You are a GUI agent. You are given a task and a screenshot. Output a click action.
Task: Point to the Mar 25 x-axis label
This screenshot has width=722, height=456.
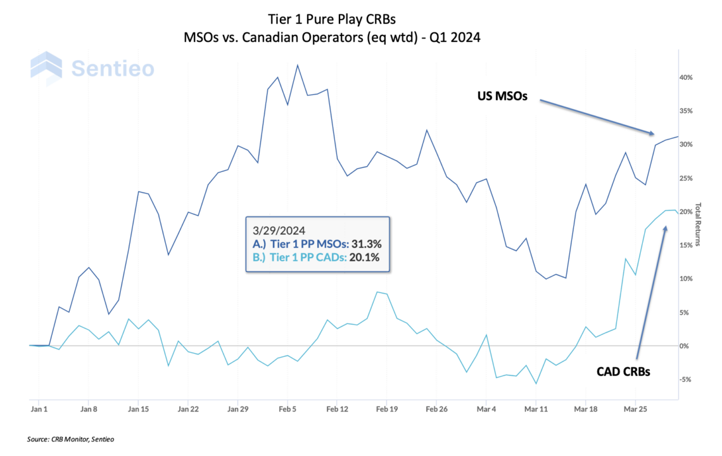coord(635,409)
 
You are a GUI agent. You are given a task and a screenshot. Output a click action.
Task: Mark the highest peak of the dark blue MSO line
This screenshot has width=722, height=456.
coord(298,65)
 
